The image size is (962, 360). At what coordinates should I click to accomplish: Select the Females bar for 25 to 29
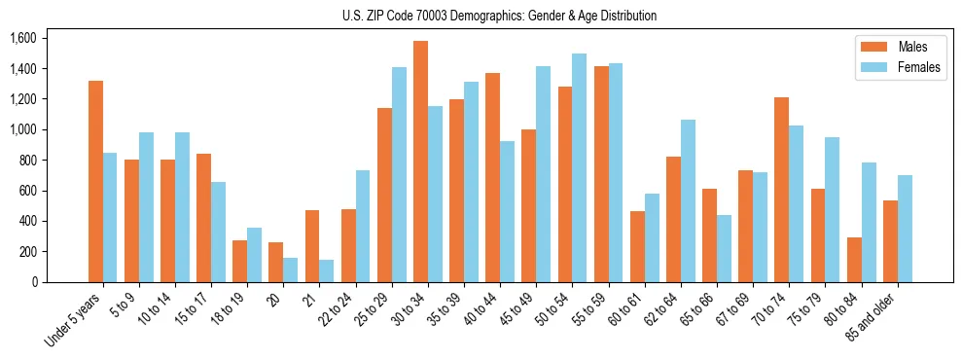coord(399,174)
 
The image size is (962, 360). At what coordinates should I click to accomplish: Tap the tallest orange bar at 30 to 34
coord(420,162)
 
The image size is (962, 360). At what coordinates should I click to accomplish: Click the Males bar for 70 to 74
coord(781,190)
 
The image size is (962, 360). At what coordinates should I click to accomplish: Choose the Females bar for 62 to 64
coord(688,200)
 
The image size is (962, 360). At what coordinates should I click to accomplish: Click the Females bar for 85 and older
coord(905,229)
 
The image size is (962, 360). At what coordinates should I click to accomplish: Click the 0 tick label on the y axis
coord(34,282)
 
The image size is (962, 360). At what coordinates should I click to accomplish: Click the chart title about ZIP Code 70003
coord(499,16)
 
